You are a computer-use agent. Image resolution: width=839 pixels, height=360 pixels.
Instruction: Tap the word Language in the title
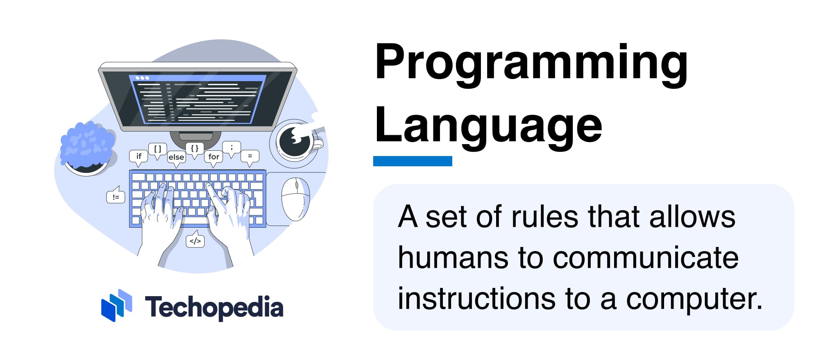[x=488, y=126]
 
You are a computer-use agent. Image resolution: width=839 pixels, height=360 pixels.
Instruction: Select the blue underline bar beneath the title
[x=413, y=161]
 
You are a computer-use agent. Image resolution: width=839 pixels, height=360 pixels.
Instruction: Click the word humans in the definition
[x=453, y=258]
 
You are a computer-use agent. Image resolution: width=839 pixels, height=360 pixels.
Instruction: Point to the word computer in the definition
[x=694, y=299]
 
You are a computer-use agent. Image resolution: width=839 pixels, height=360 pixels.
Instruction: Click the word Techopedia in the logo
[x=214, y=307]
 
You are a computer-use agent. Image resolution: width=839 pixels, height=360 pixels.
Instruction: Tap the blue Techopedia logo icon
[x=116, y=305]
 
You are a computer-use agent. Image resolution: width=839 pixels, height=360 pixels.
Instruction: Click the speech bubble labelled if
[x=138, y=156]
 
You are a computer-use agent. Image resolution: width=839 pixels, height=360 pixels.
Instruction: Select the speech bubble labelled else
[x=176, y=157]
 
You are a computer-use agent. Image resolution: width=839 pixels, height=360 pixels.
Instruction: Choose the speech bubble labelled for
[x=213, y=156]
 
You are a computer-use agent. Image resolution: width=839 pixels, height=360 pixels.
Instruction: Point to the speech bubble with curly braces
[x=195, y=148]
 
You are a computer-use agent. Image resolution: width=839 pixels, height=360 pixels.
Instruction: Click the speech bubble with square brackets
[x=157, y=149]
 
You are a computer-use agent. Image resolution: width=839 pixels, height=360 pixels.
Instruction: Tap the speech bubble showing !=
[x=116, y=197]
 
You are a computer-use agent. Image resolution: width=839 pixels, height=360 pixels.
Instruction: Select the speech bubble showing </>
[x=195, y=241]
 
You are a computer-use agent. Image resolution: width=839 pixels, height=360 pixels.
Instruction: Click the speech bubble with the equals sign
[x=250, y=156]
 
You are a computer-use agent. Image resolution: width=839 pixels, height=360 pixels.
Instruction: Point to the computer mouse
[x=295, y=199]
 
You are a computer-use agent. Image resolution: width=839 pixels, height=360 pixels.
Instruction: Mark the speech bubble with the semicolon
[x=231, y=147]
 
